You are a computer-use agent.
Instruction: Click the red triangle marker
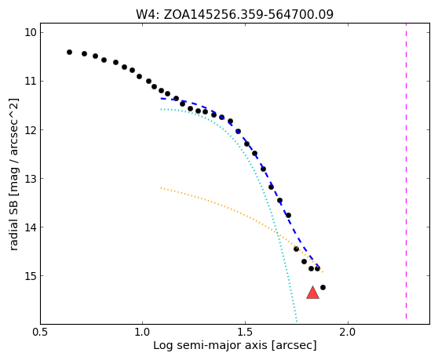point(312,293)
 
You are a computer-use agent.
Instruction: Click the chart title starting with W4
point(235,14)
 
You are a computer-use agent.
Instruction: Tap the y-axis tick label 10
point(31,32)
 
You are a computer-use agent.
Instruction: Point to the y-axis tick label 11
point(31,81)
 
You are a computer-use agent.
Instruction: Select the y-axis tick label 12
point(31,129)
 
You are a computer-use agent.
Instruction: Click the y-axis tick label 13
point(31,178)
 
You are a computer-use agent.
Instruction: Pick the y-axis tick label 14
point(31,227)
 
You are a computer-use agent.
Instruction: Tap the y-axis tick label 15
point(31,276)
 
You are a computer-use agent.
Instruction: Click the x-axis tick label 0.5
point(40,332)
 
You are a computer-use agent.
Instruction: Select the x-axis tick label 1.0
point(142,332)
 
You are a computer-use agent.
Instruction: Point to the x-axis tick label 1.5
point(245,332)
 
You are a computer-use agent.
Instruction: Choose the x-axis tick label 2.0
point(348,332)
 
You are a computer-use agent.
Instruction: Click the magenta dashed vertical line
point(406,171)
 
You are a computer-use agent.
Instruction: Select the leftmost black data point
point(69,53)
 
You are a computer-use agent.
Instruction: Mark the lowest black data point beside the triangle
point(323,287)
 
